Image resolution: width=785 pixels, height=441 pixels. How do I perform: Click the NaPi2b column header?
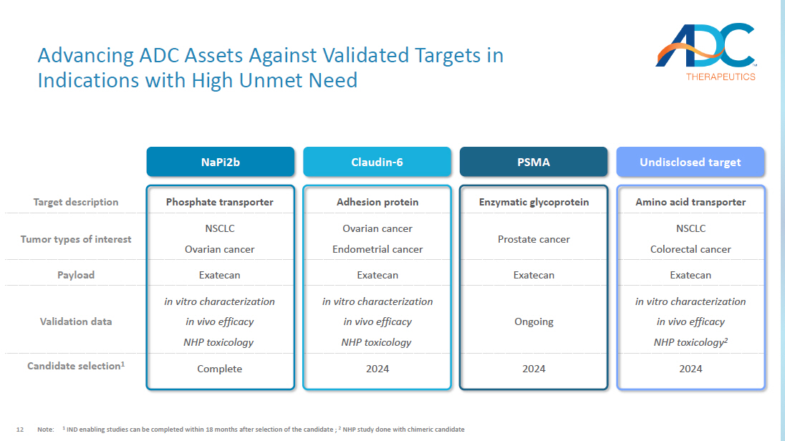221,162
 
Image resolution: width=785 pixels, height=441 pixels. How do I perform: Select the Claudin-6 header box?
377,162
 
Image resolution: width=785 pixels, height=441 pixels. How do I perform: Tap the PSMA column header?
534,162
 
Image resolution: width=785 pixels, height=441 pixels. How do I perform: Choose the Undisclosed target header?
690,162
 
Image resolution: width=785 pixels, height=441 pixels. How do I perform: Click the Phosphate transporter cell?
220,202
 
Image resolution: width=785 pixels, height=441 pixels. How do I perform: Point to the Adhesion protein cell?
377,202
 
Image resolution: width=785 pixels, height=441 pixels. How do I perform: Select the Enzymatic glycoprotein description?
534,202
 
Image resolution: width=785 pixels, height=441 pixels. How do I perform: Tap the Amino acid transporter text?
690,202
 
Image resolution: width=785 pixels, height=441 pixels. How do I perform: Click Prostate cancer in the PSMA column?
534,239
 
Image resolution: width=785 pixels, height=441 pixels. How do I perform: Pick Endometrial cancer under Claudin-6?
377,249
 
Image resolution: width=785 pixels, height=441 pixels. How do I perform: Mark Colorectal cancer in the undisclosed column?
690,249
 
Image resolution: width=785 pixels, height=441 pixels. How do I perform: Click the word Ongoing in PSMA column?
534,322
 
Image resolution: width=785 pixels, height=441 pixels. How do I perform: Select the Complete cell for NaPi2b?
220,369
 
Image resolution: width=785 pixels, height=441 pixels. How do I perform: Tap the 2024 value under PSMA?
534,369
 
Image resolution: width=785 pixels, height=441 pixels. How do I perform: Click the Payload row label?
76,276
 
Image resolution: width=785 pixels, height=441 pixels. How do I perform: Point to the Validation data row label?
76,321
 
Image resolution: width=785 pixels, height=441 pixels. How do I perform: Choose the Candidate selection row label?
76,366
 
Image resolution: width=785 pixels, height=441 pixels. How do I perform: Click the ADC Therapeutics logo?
706,52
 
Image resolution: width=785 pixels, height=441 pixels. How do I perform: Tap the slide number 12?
20,430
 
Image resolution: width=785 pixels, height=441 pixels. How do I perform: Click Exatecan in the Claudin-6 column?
377,276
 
